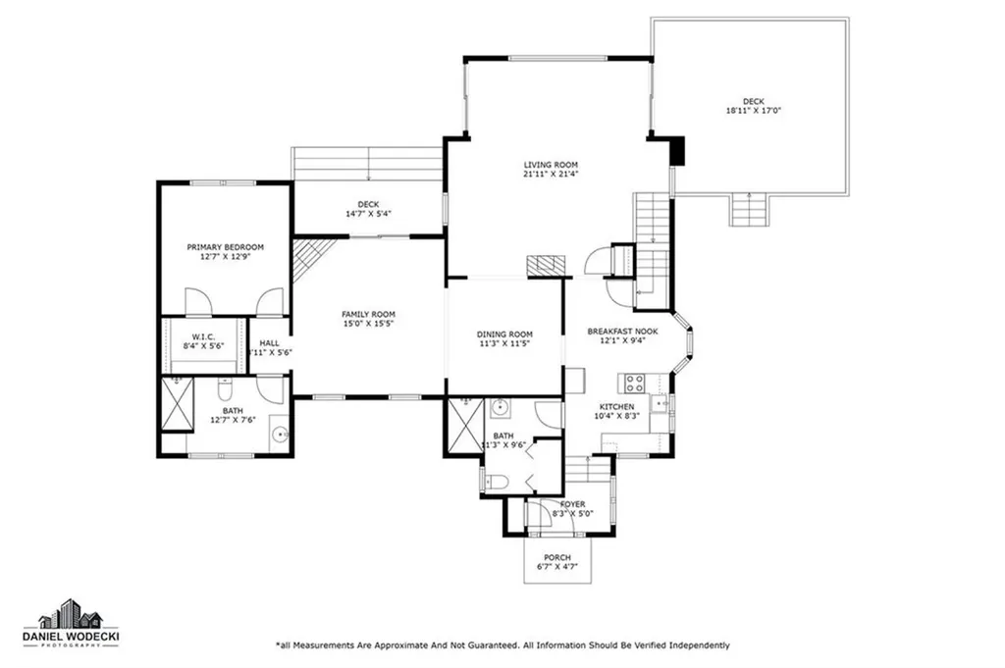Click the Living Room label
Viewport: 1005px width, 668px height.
click(x=550, y=165)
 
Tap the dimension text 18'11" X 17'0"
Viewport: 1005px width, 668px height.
click(x=754, y=111)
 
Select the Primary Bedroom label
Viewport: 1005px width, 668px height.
click(x=226, y=246)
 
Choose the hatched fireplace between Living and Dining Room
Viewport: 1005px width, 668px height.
click(x=546, y=265)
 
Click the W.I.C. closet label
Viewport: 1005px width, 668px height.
click(x=204, y=337)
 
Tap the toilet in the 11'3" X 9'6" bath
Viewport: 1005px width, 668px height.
click(x=497, y=481)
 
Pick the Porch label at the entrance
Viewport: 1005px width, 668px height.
click(x=557, y=557)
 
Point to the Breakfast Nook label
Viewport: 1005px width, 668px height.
click(x=622, y=332)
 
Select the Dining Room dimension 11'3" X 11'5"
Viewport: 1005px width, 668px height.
click(x=504, y=344)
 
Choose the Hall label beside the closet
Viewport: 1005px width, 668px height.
click(x=269, y=343)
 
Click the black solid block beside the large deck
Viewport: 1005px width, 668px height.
click(x=677, y=151)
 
